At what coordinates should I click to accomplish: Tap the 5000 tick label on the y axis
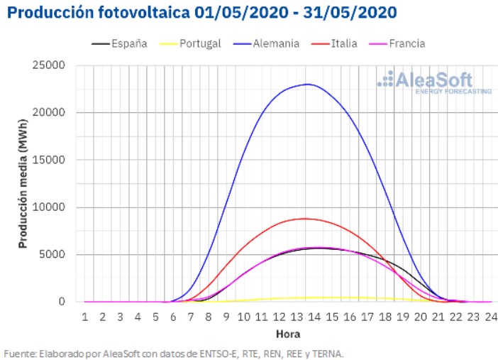pos(54,254)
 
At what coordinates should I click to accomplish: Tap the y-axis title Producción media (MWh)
pos(23,183)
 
